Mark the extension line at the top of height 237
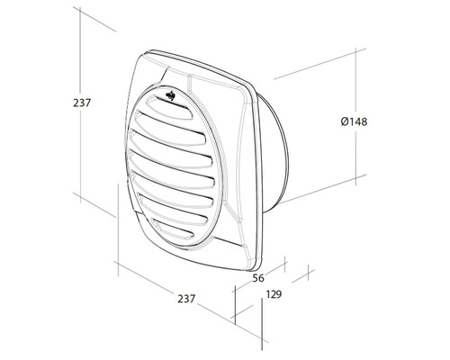(x=94, y=18)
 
